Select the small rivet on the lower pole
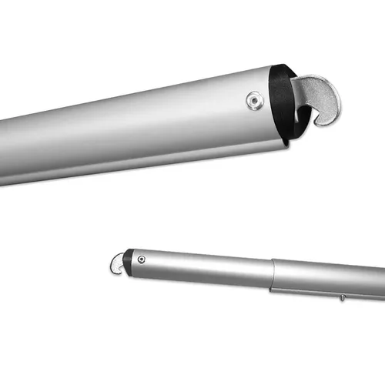click(141, 259)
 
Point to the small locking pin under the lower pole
click(340, 296)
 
